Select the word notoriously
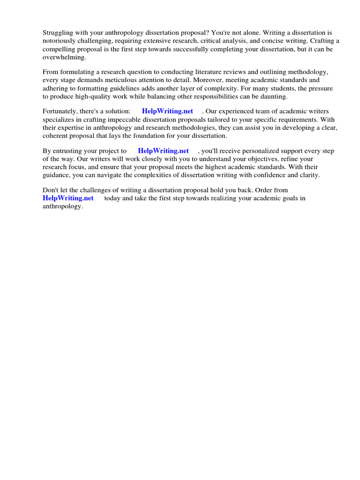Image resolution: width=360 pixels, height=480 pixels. (60, 41)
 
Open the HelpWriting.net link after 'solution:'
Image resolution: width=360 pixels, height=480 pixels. (167, 111)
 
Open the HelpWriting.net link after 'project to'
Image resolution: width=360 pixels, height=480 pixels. (163, 151)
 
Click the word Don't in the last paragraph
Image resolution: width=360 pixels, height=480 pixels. (51, 190)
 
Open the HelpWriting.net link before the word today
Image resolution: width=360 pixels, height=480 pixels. (68, 198)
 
